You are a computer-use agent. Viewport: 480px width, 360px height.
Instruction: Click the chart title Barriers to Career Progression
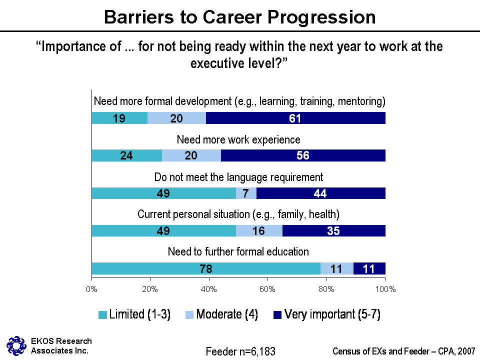(x=239, y=17)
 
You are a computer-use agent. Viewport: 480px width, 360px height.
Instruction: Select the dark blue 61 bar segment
(x=295, y=118)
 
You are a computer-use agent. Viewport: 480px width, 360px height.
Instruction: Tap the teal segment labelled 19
(x=119, y=118)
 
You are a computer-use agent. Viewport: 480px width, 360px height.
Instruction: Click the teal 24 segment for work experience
(x=127, y=155)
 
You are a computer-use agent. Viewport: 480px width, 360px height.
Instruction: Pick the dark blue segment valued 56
(x=303, y=155)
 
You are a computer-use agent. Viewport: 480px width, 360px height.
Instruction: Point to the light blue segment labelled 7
(x=246, y=193)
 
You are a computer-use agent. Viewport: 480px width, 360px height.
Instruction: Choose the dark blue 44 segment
(x=320, y=193)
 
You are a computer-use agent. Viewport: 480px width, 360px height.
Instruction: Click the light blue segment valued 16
(x=259, y=230)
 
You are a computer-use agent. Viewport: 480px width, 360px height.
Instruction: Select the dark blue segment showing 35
(x=334, y=230)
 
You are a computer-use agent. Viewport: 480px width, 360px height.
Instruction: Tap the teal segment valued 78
(x=206, y=268)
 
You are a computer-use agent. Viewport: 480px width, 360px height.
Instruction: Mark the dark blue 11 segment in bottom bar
(x=369, y=268)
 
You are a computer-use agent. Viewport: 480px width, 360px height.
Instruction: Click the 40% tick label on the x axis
(x=208, y=289)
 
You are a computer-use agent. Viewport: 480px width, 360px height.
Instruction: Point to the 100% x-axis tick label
(x=385, y=289)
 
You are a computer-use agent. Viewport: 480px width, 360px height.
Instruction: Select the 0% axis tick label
(x=92, y=289)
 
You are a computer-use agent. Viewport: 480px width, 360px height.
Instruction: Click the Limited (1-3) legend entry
(x=135, y=314)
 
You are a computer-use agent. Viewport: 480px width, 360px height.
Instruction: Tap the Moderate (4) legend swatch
(x=190, y=315)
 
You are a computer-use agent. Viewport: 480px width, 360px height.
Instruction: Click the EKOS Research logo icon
(x=16, y=345)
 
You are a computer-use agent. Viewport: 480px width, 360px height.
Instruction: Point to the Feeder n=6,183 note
(x=240, y=351)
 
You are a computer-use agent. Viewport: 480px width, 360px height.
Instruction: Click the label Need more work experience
(x=239, y=139)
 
